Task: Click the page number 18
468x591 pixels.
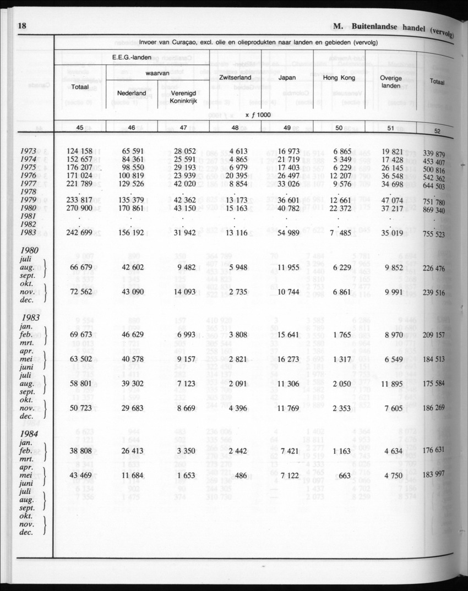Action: (x=23, y=25)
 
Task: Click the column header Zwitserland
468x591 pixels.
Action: (x=235, y=78)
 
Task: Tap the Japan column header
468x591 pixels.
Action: (x=287, y=78)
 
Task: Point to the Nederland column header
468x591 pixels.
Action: (x=132, y=94)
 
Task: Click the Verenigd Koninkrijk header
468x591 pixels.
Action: (x=183, y=97)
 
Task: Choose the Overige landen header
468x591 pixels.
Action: (x=390, y=83)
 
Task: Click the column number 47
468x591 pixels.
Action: (x=183, y=128)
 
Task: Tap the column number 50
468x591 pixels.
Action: (x=339, y=128)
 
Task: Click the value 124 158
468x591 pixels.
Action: (x=79, y=151)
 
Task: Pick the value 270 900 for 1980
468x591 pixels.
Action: (x=79, y=209)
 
